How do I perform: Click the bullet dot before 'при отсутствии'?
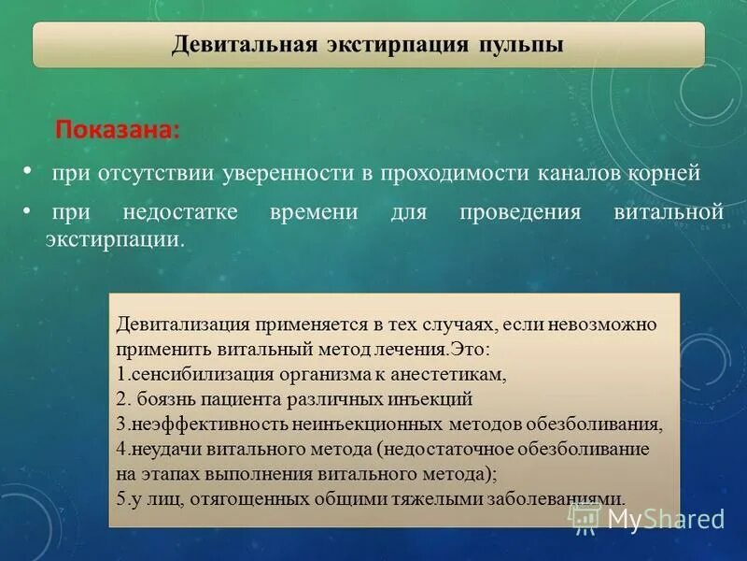[x=28, y=171]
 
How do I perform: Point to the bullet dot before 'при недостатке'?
[x=28, y=209]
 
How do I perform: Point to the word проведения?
[x=520, y=212]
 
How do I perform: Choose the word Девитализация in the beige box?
[x=182, y=324]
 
